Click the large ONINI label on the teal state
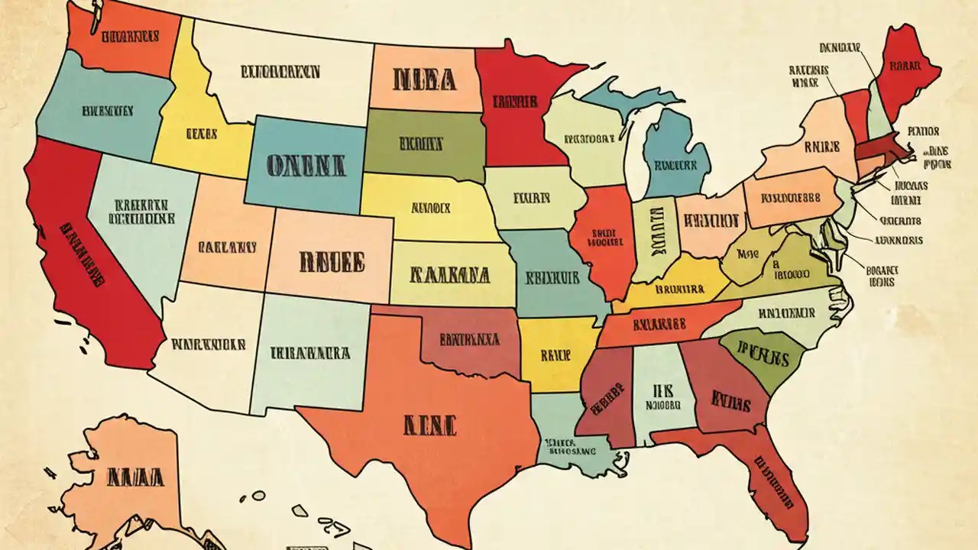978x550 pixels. point(306,165)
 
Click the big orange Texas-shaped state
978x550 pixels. point(428,428)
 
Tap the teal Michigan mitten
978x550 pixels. point(675,160)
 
